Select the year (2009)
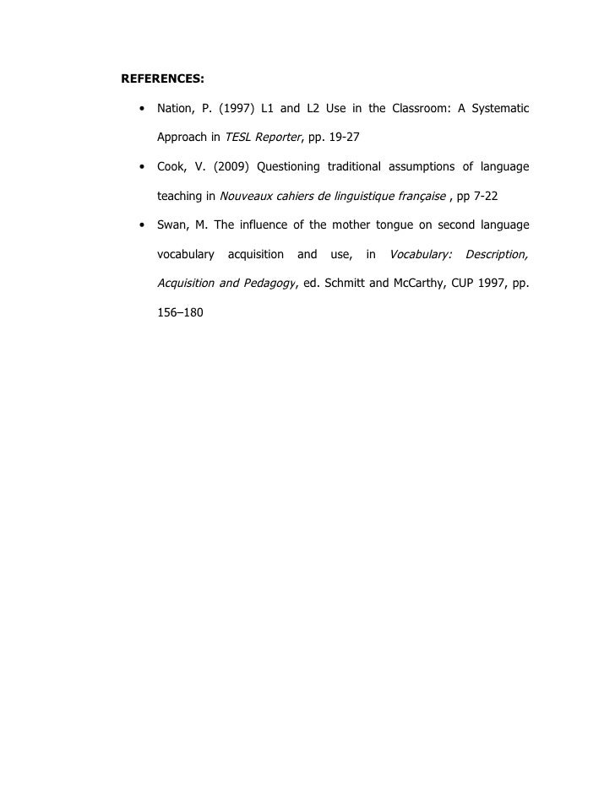[x=235, y=167]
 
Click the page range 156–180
[x=180, y=312]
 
